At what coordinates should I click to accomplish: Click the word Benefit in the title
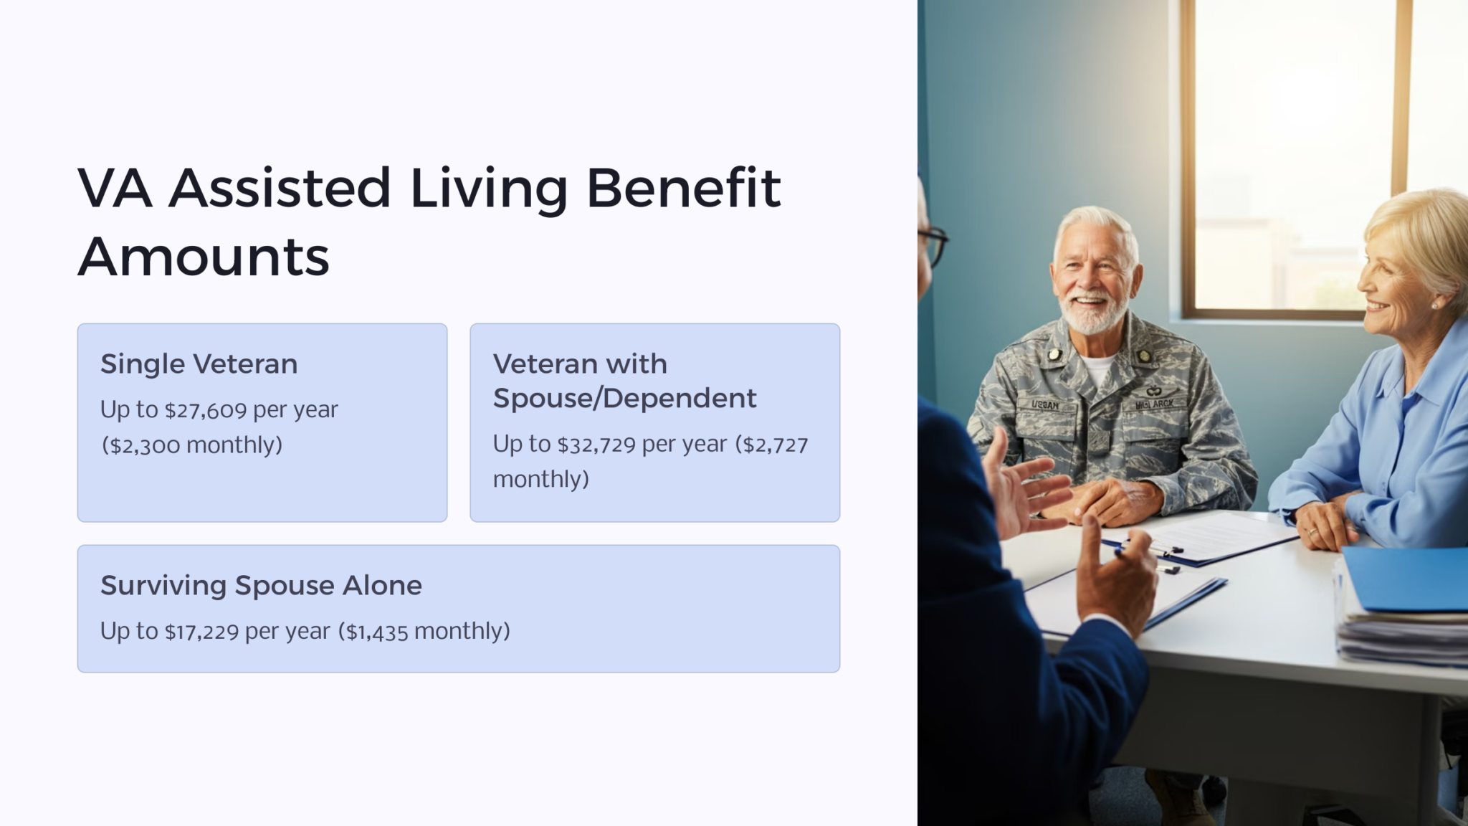683,188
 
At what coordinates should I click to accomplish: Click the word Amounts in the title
204,257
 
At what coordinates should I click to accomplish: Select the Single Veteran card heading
199,364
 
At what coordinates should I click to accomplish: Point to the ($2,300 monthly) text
192,445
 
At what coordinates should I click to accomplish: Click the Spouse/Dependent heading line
624,399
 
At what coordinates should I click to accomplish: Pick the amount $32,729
596,445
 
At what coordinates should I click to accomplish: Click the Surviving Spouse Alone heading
261,586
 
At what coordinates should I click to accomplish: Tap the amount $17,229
201,632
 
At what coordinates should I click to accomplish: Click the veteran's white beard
1091,315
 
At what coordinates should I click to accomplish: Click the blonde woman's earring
1436,304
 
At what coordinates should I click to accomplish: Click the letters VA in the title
115,188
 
